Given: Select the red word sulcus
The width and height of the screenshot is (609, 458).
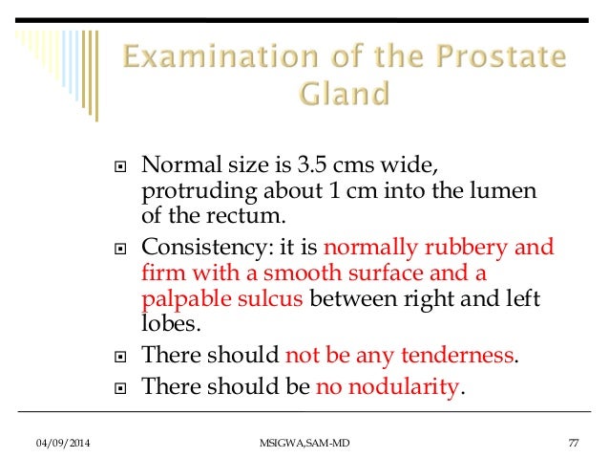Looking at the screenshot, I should coord(268,297).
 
